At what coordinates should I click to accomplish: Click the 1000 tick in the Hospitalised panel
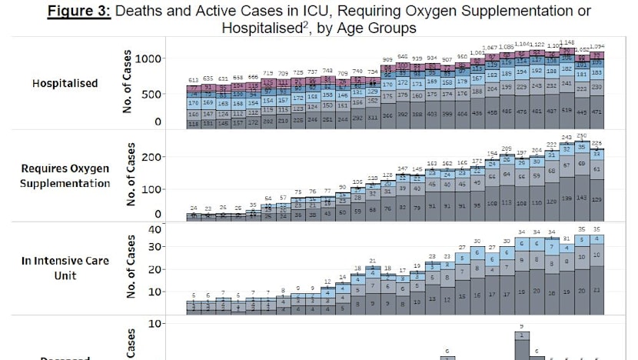click(148, 58)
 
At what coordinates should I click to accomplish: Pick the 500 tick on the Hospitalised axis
click(152, 94)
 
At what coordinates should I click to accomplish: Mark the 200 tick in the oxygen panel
click(152, 157)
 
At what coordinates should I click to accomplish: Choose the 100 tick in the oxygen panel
click(152, 188)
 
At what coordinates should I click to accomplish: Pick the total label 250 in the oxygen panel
click(582, 135)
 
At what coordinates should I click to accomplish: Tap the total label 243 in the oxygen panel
click(567, 138)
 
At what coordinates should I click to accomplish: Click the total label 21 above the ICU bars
click(372, 261)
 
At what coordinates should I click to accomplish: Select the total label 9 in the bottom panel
click(523, 326)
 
